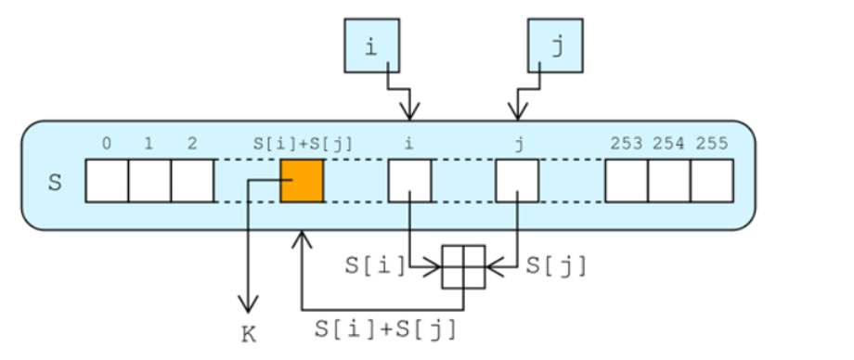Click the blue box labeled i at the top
pyautogui.click(x=371, y=46)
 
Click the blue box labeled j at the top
pyautogui.click(x=556, y=46)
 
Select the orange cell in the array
pyautogui.click(x=302, y=180)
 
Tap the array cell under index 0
pyautogui.click(x=107, y=180)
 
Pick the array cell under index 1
pyautogui.click(x=149, y=180)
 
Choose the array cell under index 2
pyautogui.click(x=193, y=180)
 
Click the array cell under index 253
pyautogui.click(x=626, y=180)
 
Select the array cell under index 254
pyautogui.click(x=669, y=180)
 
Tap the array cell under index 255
pyautogui.click(x=712, y=180)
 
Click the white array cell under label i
pyautogui.click(x=409, y=180)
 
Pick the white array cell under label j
pyautogui.click(x=517, y=180)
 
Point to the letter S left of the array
pyautogui.click(x=55, y=181)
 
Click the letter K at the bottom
pyautogui.click(x=248, y=335)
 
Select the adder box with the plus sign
pyautogui.click(x=463, y=268)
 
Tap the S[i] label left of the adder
pyautogui.click(x=376, y=265)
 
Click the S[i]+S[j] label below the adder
pyautogui.click(x=385, y=328)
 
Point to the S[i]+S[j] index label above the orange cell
pyautogui.click(x=302, y=144)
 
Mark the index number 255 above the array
pyautogui.click(x=711, y=144)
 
